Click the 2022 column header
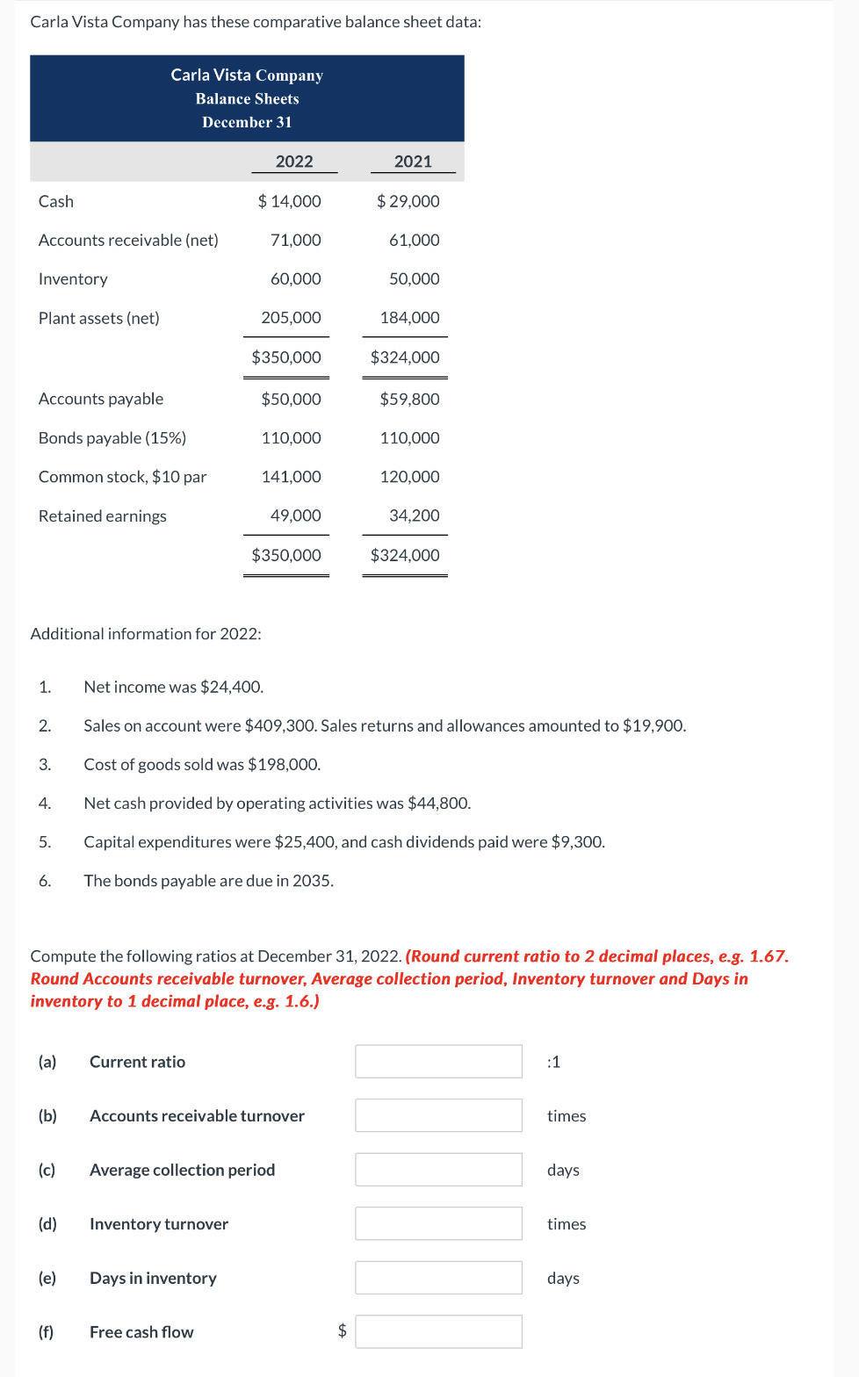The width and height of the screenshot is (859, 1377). coord(294,162)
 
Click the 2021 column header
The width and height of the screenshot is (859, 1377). coord(413,162)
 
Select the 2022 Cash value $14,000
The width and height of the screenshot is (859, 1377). coord(290,201)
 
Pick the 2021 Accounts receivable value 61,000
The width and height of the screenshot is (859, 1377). coord(414,240)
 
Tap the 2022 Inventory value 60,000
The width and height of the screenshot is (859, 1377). coord(295,278)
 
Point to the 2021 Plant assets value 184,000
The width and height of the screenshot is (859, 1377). coord(409,318)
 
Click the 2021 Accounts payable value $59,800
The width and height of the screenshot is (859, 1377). coord(409,399)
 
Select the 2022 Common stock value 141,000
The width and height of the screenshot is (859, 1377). coord(291,477)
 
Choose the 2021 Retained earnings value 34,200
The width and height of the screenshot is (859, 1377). coord(414,515)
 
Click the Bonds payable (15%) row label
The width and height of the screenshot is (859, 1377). coord(112,437)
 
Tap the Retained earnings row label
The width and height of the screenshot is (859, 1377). coord(103,516)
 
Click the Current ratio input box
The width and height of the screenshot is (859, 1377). coord(438,1061)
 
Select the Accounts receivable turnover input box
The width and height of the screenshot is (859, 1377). coord(438,1115)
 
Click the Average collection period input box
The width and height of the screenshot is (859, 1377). coord(438,1170)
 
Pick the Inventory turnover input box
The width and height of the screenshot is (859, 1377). coord(438,1223)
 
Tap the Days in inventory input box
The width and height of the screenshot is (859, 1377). coord(438,1278)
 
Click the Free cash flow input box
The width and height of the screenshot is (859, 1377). coord(438,1331)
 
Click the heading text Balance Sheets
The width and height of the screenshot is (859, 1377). coord(247,99)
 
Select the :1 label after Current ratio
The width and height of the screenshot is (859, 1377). coord(553,1062)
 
